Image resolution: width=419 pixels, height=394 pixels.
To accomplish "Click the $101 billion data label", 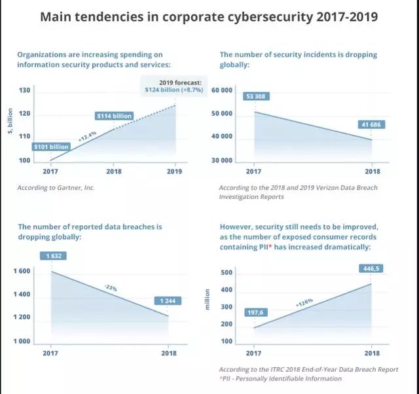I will click(50, 147).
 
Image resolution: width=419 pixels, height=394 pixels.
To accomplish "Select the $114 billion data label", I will click(114, 116).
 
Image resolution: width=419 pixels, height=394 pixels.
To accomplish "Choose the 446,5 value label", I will click(368, 268).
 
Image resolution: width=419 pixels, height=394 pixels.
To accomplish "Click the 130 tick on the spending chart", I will click(24, 90).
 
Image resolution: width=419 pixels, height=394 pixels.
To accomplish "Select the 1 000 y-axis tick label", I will click(24, 342).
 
